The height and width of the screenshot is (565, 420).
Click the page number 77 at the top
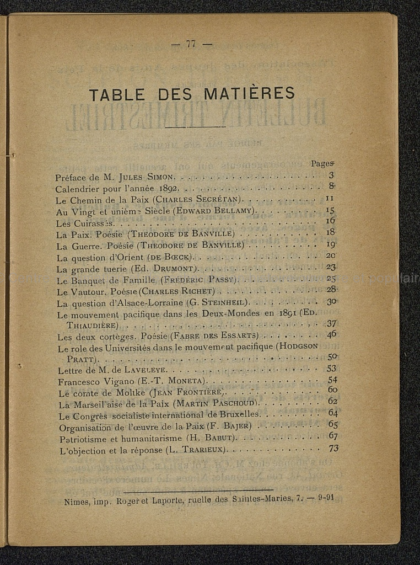pyautogui.click(x=191, y=45)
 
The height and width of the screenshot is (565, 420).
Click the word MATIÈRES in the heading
pyautogui.click(x=249, y=94)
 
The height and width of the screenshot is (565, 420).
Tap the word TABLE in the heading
pyautogui.click(x=117, y=94)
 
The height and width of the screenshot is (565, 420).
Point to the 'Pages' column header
pyautogui.click(x=322, y=163)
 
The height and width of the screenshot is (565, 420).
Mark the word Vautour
pyautogui.click(x=87, y=291)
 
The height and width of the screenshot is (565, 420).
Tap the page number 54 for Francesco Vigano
pyautogui.click(x=332, y=380)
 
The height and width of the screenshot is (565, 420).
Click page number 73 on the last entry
pyautogui.click(x=333, y=448)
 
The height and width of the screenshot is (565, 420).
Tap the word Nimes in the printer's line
pyautogui.click(x=76, y=502)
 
